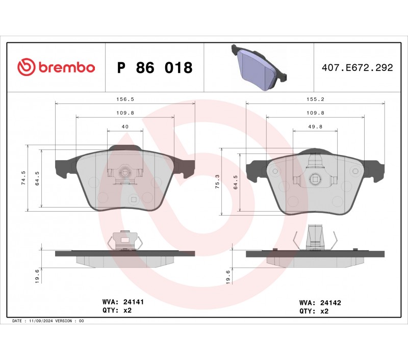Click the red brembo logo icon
click(x=27, y=67)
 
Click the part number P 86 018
click(x=155, y=68)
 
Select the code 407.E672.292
click(x=358, y=68)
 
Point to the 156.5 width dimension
click(x=125, y=99)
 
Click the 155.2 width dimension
click(x=315, y=99)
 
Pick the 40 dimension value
click(x=125, y=126)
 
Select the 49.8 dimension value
click(x=315, y=126)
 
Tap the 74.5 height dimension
click(x=23, y=178)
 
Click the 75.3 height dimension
click(x=218, y=182)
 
